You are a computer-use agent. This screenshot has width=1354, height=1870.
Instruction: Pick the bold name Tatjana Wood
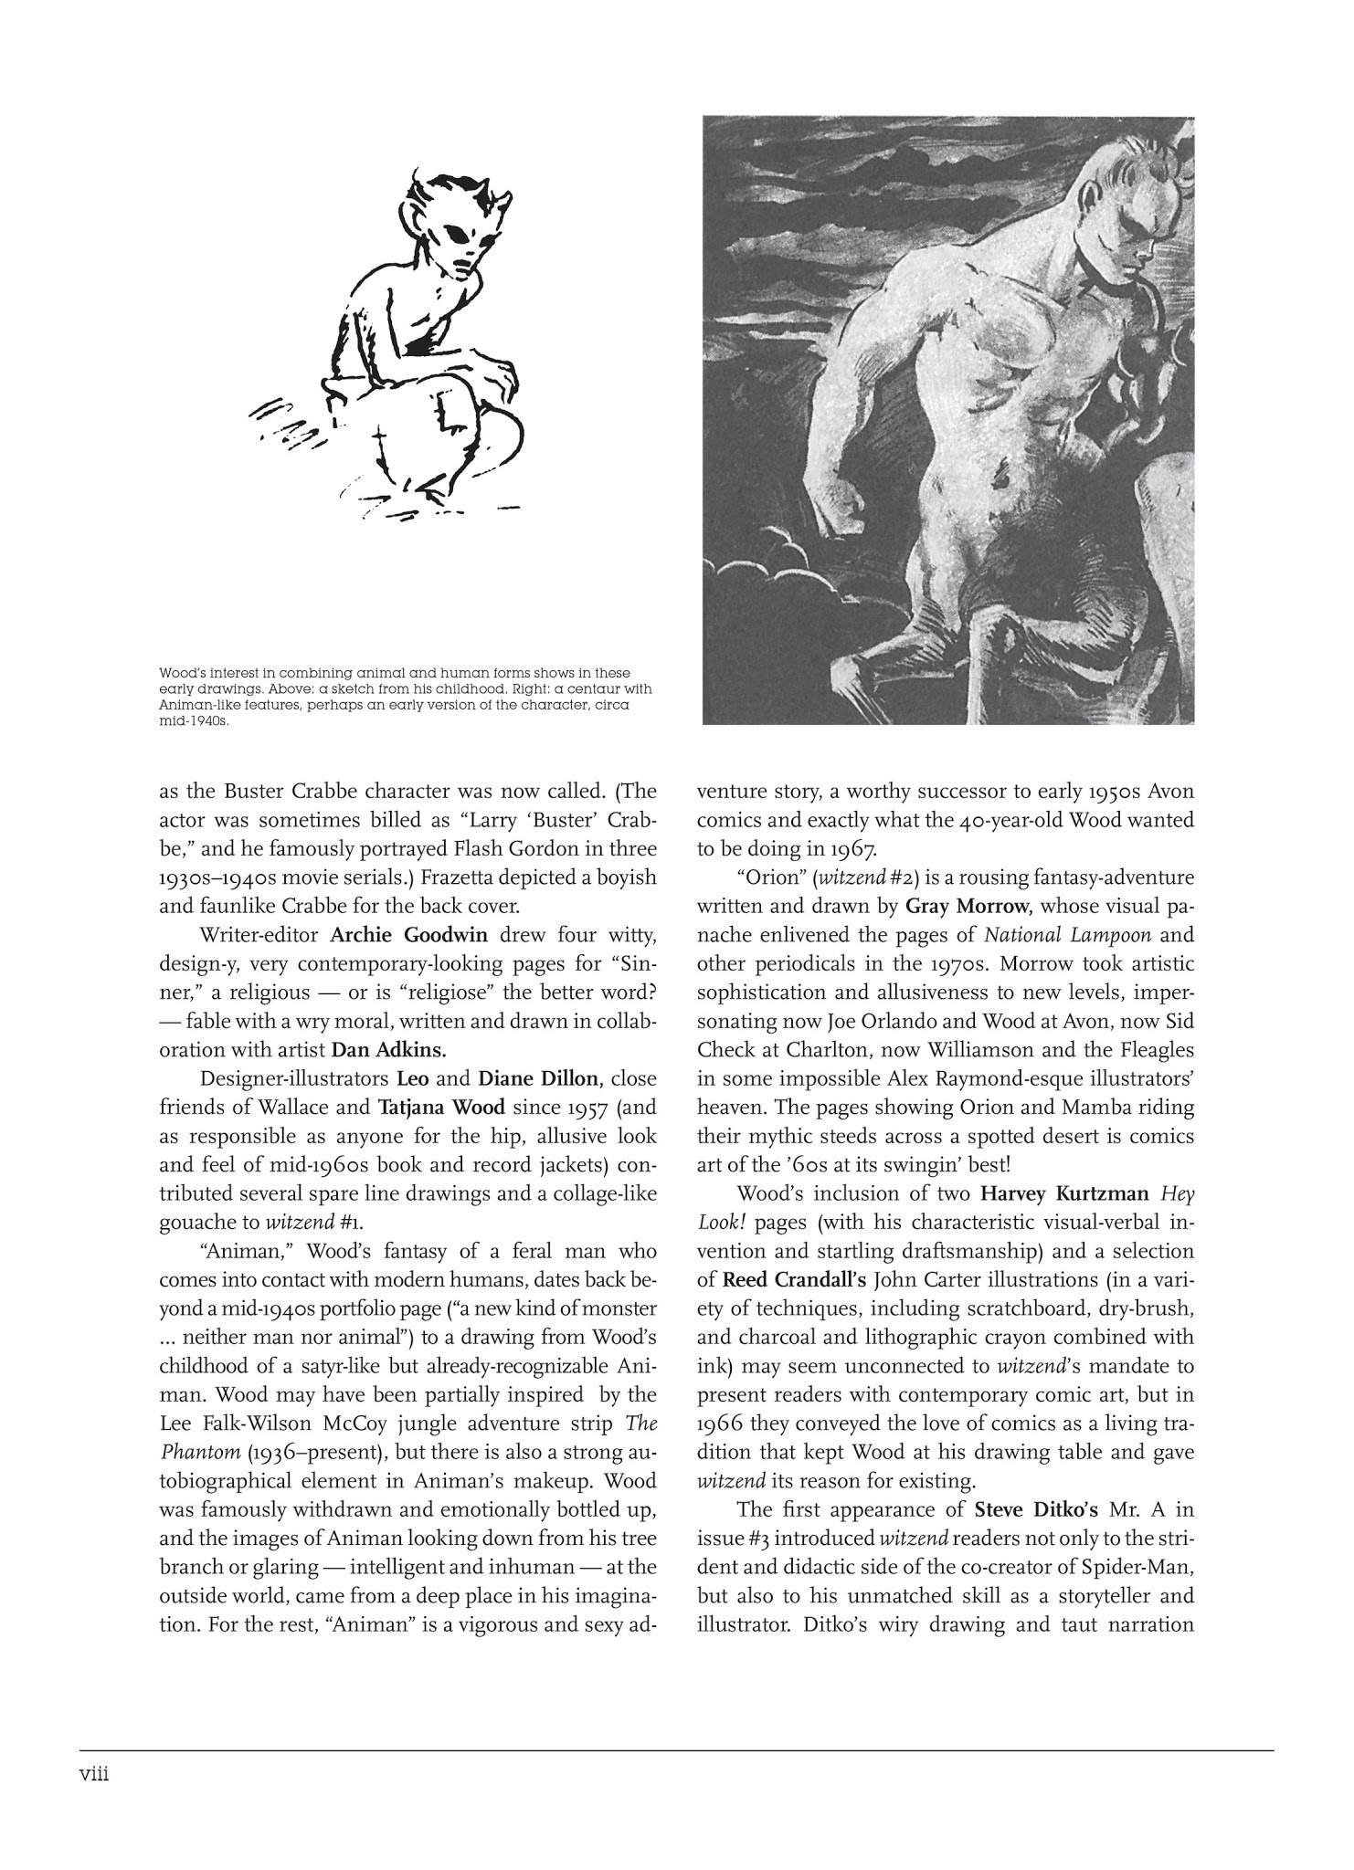[441, 1108]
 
